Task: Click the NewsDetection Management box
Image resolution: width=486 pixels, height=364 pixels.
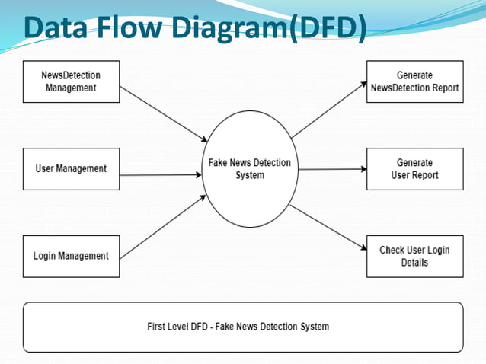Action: pos(71,81)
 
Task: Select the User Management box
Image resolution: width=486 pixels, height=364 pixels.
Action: pos(71,168)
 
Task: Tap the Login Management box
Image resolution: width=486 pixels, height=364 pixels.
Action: pos(71,256)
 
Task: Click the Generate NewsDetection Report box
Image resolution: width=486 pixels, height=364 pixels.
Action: pos(414,81)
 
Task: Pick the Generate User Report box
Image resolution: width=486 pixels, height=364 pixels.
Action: pos(414,168)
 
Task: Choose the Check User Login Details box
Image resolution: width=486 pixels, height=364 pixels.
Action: pos(414,256)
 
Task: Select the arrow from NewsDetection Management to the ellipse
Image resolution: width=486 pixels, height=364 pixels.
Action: pos(164,113)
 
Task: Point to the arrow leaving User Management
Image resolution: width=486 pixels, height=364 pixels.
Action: pos(160,175)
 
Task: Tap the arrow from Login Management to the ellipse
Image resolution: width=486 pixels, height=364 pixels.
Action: pos(164,226)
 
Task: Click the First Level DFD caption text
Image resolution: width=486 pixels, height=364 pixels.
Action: pos(238,327)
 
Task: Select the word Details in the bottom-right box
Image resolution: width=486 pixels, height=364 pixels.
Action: pos(414,263)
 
